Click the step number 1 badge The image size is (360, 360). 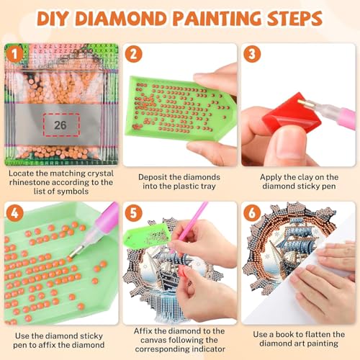click(x=14, y=53)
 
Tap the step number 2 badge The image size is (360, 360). click(x=135, y=53)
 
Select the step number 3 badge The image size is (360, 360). click(x=251, y=53)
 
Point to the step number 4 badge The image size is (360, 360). click(x=14, y=212)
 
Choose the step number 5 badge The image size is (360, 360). click(x=135, y=212)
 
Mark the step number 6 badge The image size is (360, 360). click(x=251, y=212)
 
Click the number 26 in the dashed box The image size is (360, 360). click(x=60, y=124)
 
